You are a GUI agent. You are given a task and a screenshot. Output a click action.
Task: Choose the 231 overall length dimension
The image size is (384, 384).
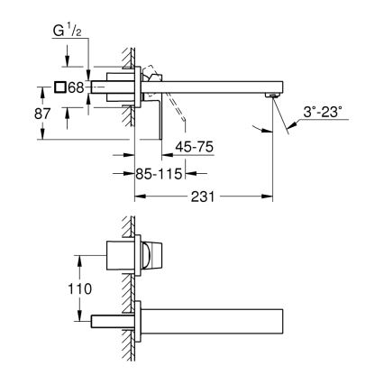pyautogui.click(x=203, y=196)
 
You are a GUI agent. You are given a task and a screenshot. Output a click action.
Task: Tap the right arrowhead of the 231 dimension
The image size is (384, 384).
pyautogui.click(x=269, y=196)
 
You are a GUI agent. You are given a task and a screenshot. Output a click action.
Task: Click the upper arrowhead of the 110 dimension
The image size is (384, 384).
pyautogui.click(x=82, y=255)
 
